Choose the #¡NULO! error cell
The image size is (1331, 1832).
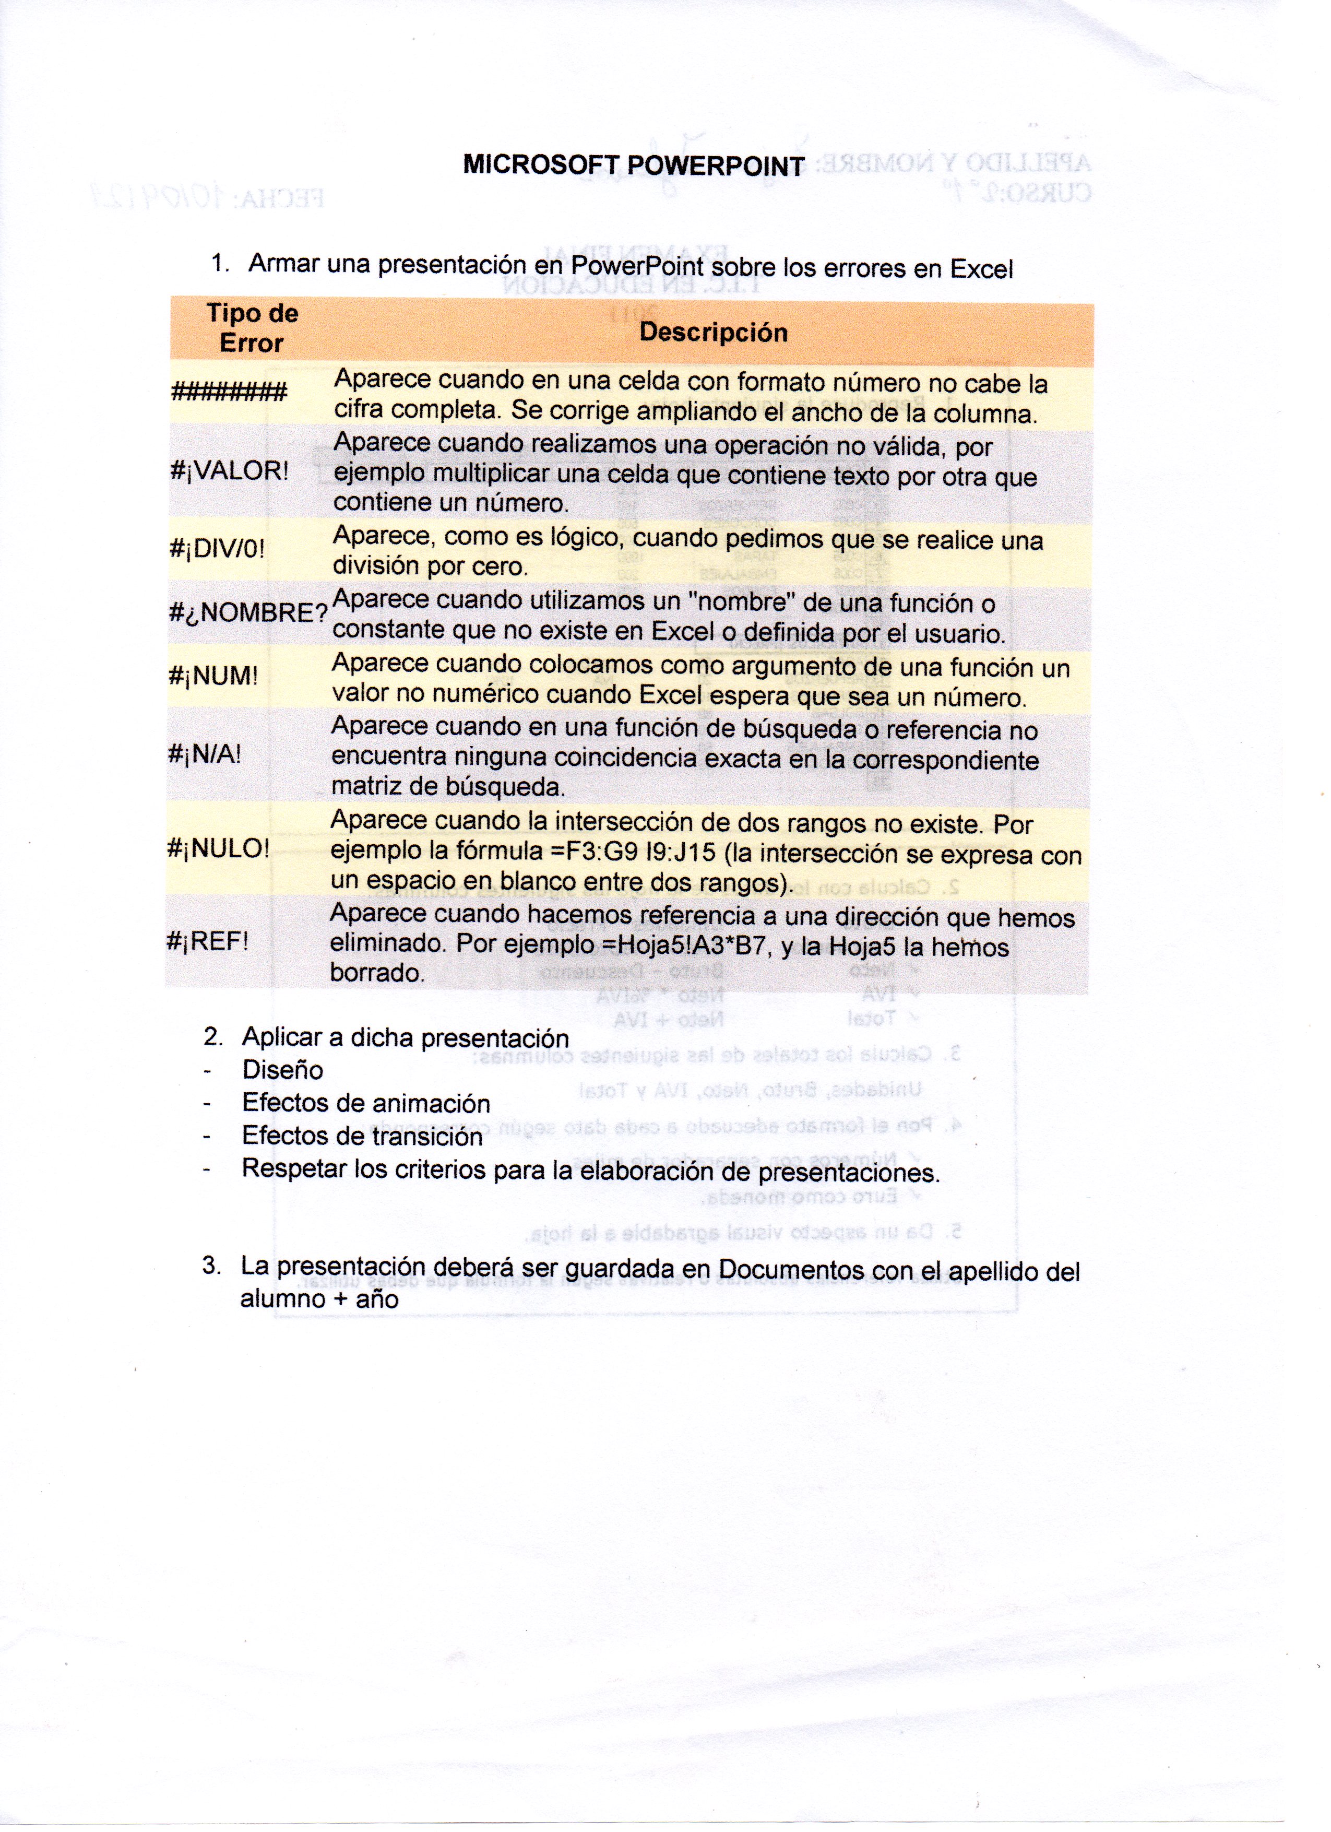pyautogui.click(x=218, y=848)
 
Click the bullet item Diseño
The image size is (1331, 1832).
pyautogui.click(x=282, y=1070)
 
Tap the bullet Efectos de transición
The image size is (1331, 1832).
pyautogui.click(x=362, y=1137)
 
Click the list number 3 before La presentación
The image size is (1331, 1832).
pyautogui.click(x=211, y=1265)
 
